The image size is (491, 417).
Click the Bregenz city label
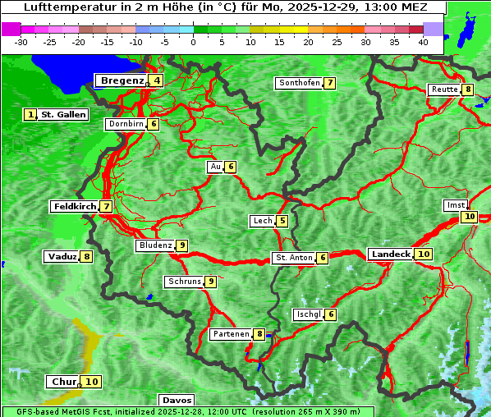(122, 80)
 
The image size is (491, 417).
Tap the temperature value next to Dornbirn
(154, 124)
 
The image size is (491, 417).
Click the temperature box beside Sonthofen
(329, 83)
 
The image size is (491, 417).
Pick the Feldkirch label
(75, 207)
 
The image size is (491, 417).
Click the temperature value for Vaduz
(86, 257)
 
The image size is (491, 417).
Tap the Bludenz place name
(155, 245)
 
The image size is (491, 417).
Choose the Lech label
(262, 221)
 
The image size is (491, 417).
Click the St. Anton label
(294, 258)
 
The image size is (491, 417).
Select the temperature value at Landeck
(424, 254)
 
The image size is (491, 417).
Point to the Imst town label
(454, 204)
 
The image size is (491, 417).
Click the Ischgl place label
(308, 314)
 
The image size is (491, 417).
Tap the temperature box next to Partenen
(259, 334)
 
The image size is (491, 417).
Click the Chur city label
(63, 382)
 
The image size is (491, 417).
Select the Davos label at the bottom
(177, 401)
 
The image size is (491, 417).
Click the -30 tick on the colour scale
(21, 42)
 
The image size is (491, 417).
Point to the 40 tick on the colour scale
(423, 42)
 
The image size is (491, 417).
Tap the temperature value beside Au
(232, 167)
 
